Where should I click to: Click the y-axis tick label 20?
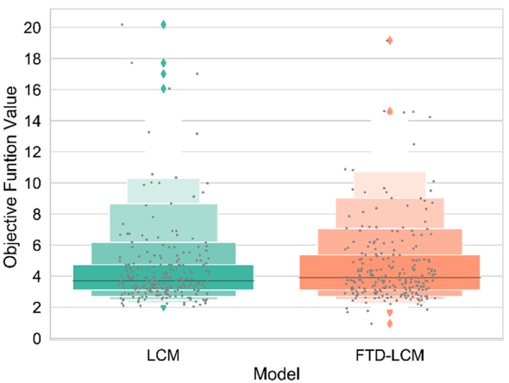point(32,28)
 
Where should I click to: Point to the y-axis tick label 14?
point(32,122)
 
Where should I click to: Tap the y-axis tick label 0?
point(37,339)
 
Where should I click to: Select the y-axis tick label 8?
point(37,215)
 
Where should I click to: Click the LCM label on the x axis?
point(163,355)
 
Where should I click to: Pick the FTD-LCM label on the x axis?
point(390,355)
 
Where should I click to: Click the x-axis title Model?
point(277,374)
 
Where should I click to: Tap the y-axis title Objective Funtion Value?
point(10,177)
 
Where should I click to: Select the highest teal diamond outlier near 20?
point(163,25)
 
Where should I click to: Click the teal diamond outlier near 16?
point(163,89)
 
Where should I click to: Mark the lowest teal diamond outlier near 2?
point(163,308)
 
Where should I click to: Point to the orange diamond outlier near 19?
point(390,41)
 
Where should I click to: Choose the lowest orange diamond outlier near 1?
point(390,323)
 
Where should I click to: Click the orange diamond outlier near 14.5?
point(390,111)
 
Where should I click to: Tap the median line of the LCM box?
point(163,280)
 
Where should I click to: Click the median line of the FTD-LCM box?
point(390,278)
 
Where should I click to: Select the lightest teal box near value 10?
point(163,191)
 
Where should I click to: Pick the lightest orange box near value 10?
point(390,185)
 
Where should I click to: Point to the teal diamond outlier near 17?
point(163,74)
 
